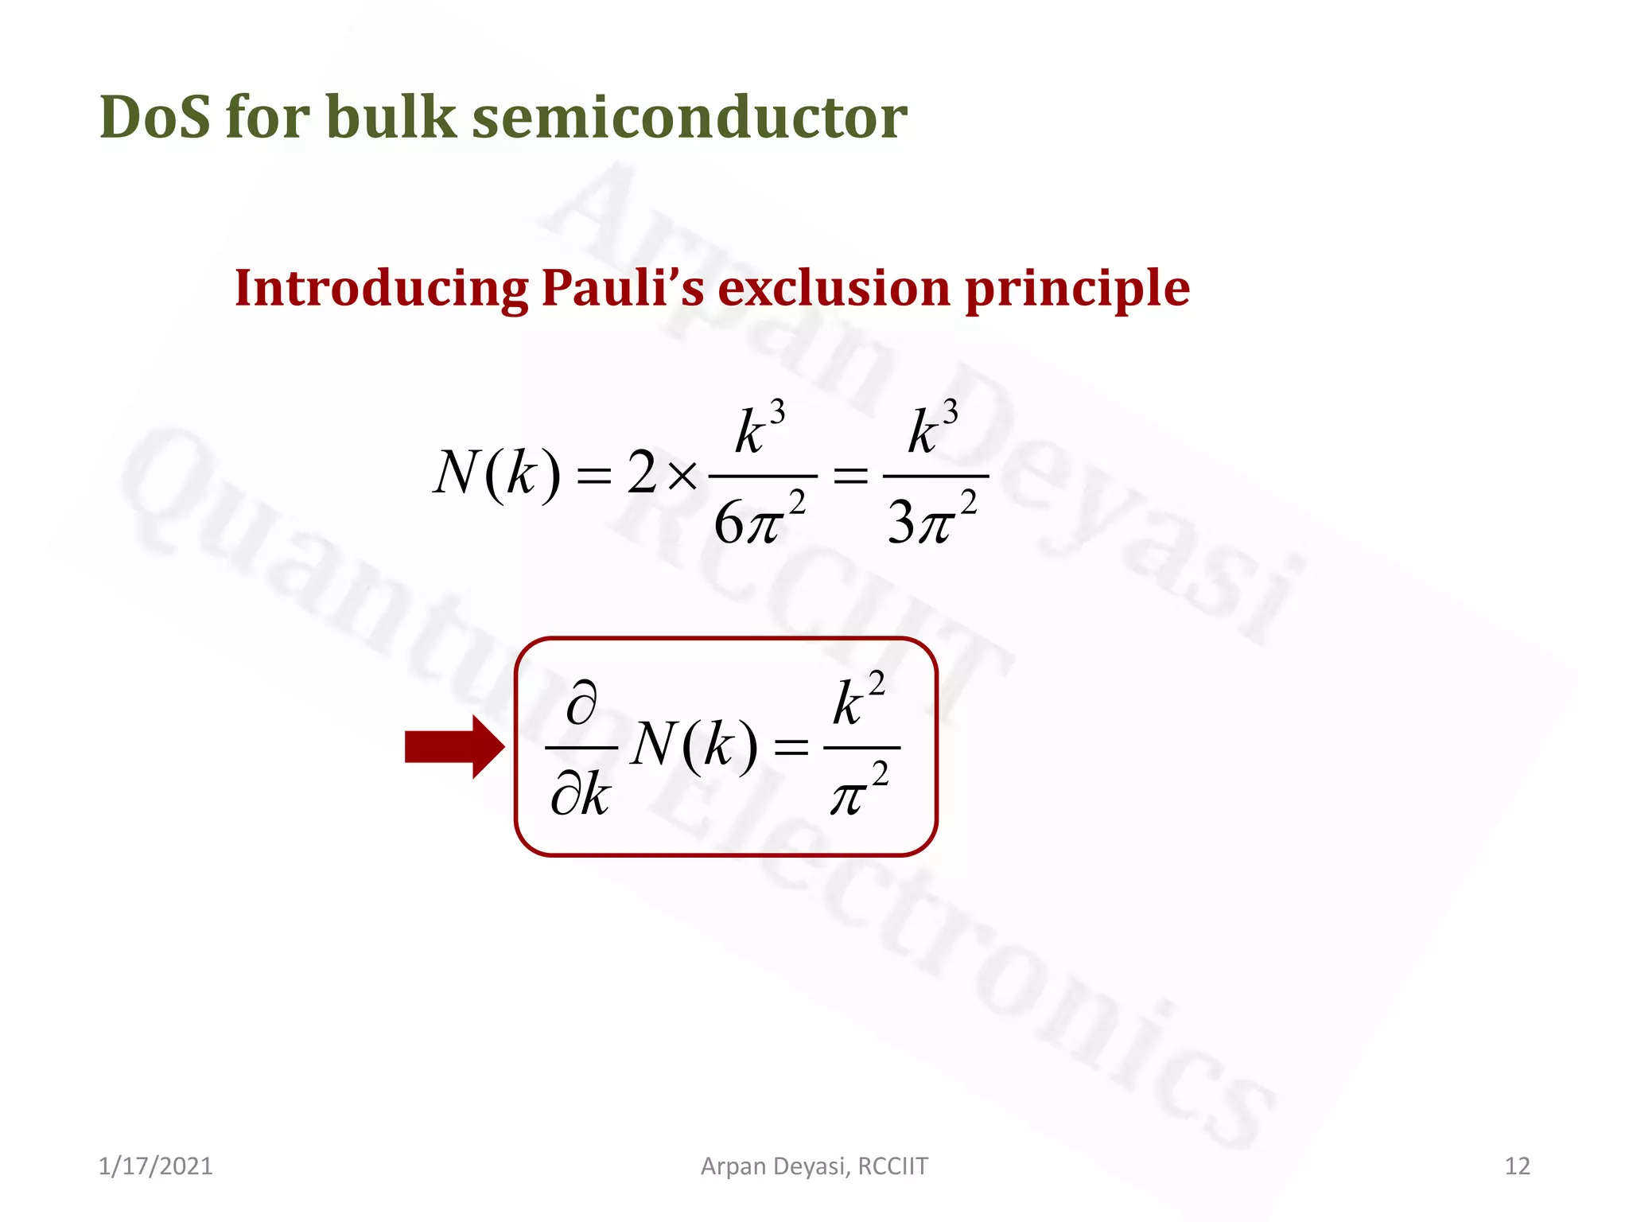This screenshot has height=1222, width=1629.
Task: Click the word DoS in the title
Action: coord(155,117)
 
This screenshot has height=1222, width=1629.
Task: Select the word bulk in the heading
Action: coord(391,117)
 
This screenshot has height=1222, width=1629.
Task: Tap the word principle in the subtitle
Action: coord(1078,290)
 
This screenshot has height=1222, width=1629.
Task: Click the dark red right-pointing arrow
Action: coord(454,746)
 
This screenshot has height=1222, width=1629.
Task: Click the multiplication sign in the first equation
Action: coord(682,476)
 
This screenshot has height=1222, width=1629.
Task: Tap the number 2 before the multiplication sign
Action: coord(642,473)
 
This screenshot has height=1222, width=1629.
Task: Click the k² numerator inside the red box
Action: coord(858,700)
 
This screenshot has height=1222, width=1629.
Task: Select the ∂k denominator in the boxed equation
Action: coord(580,794)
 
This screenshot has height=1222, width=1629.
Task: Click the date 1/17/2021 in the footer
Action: coord(155,1166)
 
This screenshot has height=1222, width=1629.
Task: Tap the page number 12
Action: coord(1517,1166)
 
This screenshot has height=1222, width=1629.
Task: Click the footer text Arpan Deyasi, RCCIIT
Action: coord(814,1166)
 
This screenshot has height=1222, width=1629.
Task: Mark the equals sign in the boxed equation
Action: coord(791,747)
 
